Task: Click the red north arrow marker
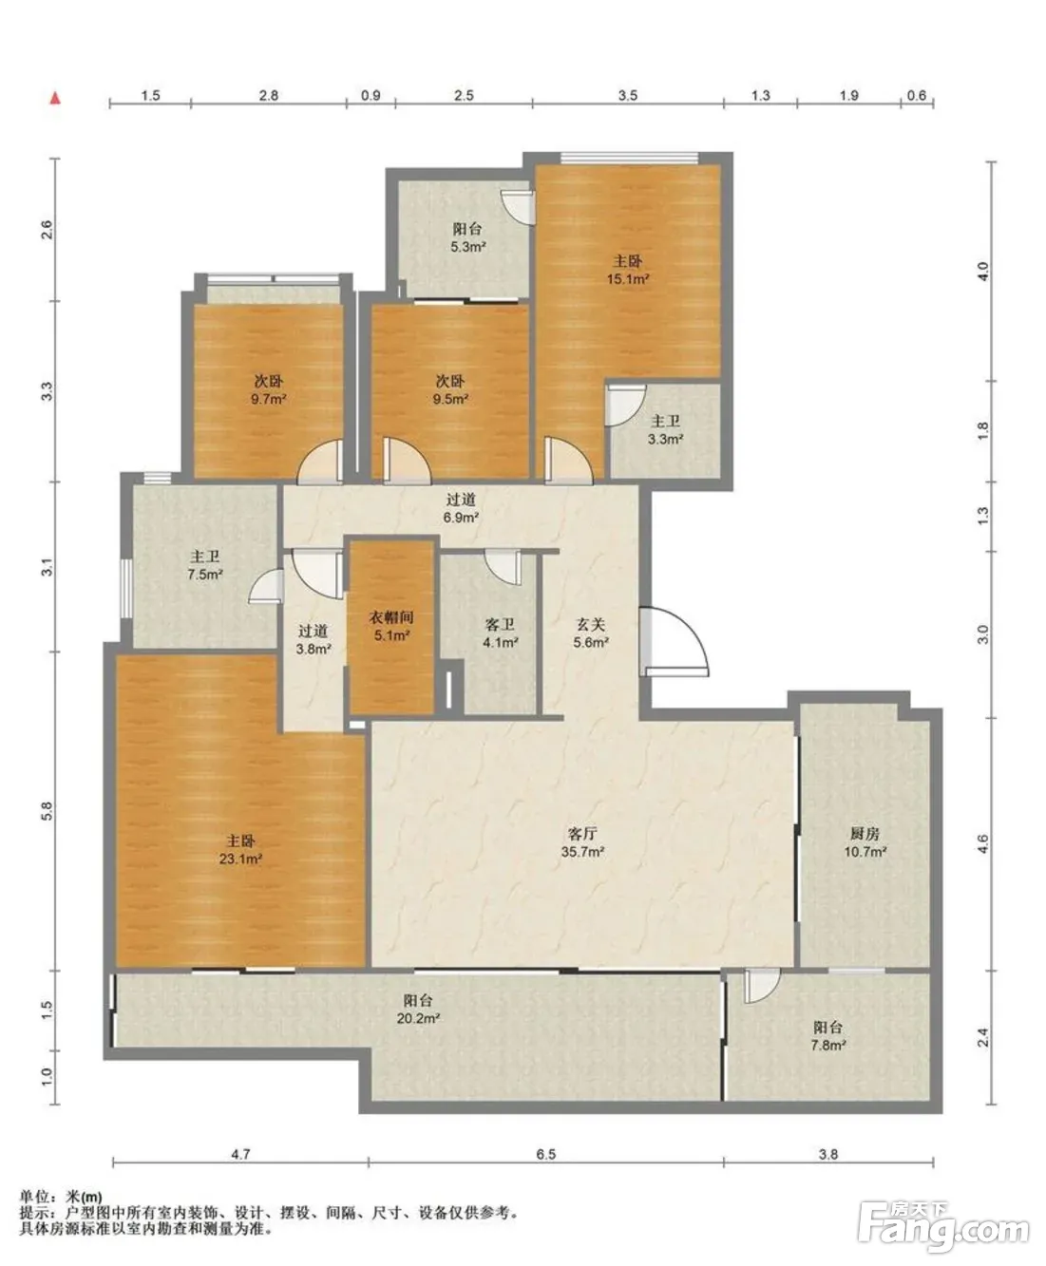[x=55, y=98]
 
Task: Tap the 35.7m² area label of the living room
[x=582, y=852]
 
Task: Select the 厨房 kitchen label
[x=865, y=834]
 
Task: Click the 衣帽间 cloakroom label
[x=391, y=617]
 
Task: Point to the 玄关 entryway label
[x=590, y=625]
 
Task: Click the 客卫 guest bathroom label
[x=500, y=625]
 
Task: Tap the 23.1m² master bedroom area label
[x=240, y=860]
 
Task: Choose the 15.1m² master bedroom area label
[x=628, y=279]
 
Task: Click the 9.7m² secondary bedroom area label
[x=268, y=400]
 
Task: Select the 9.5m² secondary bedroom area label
[x=450, y=400]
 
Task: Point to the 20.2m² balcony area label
[x=418, y=1019]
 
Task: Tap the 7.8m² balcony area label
[x=828, y=1046]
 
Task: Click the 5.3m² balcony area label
[x=467, y=247]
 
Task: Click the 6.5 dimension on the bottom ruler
[x=545, y=1155]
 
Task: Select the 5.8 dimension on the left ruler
[x=48, y=811]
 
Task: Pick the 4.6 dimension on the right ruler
[x=983, y=844]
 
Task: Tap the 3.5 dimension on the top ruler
[x=628, y=95]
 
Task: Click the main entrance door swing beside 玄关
[x=674, y=641]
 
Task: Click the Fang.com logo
[x=944, y=1227]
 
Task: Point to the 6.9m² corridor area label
[x=461, y=518]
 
